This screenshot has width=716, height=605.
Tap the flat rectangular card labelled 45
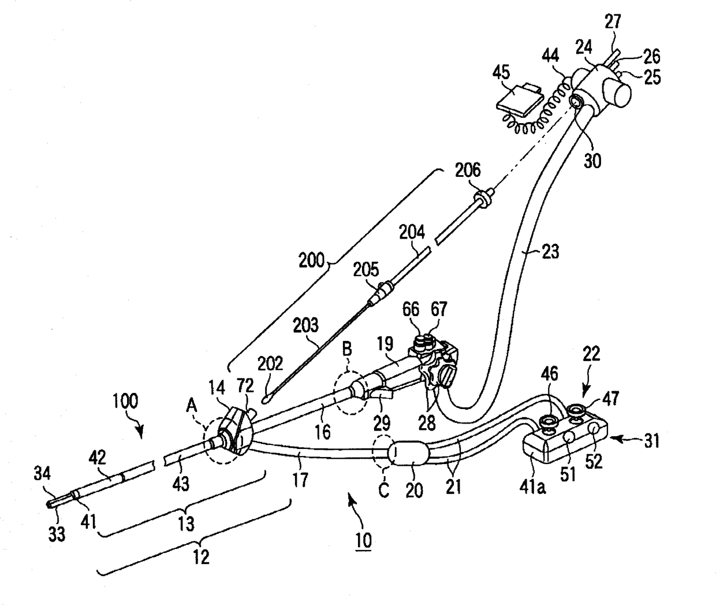tap(519, 98)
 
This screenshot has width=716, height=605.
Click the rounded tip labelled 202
tap(266, 397)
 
